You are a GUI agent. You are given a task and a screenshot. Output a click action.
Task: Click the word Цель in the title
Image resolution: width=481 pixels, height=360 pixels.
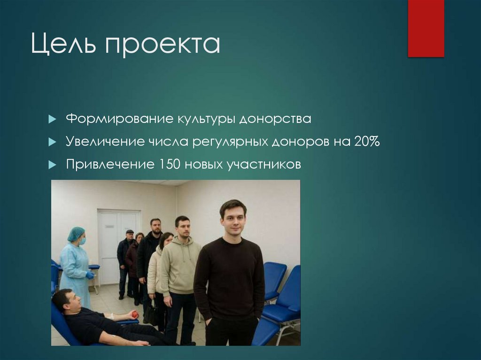tap(64, 45)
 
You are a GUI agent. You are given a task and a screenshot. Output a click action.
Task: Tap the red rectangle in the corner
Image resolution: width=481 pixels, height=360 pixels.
tap(426, 28)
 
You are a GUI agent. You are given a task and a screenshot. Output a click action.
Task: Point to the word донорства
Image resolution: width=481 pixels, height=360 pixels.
tap(275, 119)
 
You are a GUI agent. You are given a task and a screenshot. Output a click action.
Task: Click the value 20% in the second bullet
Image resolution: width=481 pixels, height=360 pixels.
tap(367, 141)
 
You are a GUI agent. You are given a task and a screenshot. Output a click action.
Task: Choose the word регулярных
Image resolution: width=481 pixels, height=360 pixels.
tap(230, 142)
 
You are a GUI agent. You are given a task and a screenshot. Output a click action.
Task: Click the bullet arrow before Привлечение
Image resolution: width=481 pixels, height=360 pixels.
tap(52, 165)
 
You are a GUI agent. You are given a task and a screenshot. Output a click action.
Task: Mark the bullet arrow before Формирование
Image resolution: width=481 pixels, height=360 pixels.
tap(52, 119)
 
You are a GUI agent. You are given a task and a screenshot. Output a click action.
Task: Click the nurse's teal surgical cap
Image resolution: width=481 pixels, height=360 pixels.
tap(76, 233)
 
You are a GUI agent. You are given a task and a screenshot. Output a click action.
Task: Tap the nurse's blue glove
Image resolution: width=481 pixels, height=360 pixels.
tap(90, 275)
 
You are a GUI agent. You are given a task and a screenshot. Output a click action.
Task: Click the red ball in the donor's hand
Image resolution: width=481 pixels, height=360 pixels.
tap(135, 314)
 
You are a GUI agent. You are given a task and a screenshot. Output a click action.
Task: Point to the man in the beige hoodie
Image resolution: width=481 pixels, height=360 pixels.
tap(180, 268)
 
